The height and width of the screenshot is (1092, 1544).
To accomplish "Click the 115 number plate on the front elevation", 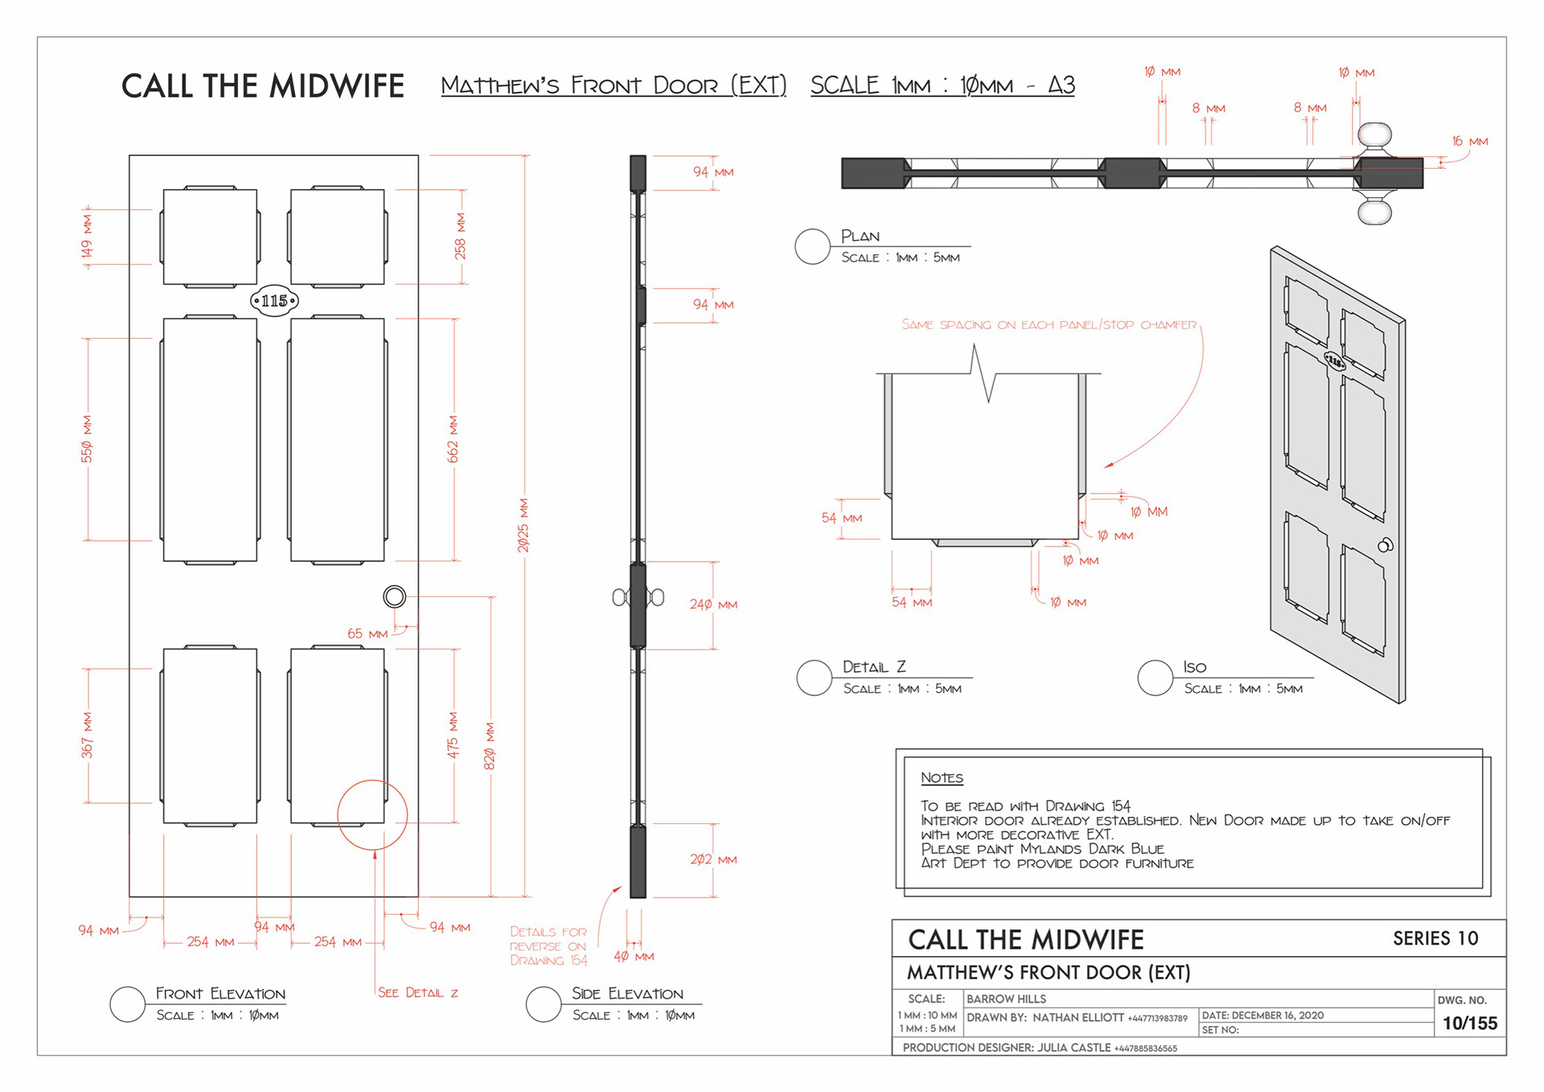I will (274, 301).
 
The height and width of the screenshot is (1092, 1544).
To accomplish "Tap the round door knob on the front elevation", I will (395, 596).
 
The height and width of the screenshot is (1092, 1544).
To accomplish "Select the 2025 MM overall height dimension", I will (524, 525).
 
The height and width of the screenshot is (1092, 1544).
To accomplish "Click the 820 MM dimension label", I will (490, 746).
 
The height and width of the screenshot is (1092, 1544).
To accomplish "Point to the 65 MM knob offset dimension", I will (368, 634).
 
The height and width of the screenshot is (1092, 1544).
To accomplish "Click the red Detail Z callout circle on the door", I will (372, 814).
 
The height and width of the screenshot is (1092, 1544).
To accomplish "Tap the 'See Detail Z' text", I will (418, 993).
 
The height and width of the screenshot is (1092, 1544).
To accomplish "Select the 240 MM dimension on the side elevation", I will (713, 604).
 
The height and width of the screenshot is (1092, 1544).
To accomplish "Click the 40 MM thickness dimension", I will (634, 957).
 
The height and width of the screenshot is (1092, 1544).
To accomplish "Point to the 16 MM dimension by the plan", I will (1470, 142).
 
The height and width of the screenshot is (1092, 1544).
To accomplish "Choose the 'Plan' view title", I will (860, 236).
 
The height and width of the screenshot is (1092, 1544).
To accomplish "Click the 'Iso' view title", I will (1195, 667).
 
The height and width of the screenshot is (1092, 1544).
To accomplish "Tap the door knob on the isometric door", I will (1385, 546).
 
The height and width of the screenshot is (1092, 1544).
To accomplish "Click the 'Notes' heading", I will (942, 778).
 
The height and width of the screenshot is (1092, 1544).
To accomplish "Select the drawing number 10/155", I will (1469, 1024).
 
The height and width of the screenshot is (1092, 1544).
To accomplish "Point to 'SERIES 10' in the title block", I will (1435, 938).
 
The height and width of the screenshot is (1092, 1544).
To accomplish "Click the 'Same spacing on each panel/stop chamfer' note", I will (1049, 325).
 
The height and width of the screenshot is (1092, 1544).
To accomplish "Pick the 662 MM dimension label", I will (454, 439).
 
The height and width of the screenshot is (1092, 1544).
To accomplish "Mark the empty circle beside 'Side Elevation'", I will (543, 1004).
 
